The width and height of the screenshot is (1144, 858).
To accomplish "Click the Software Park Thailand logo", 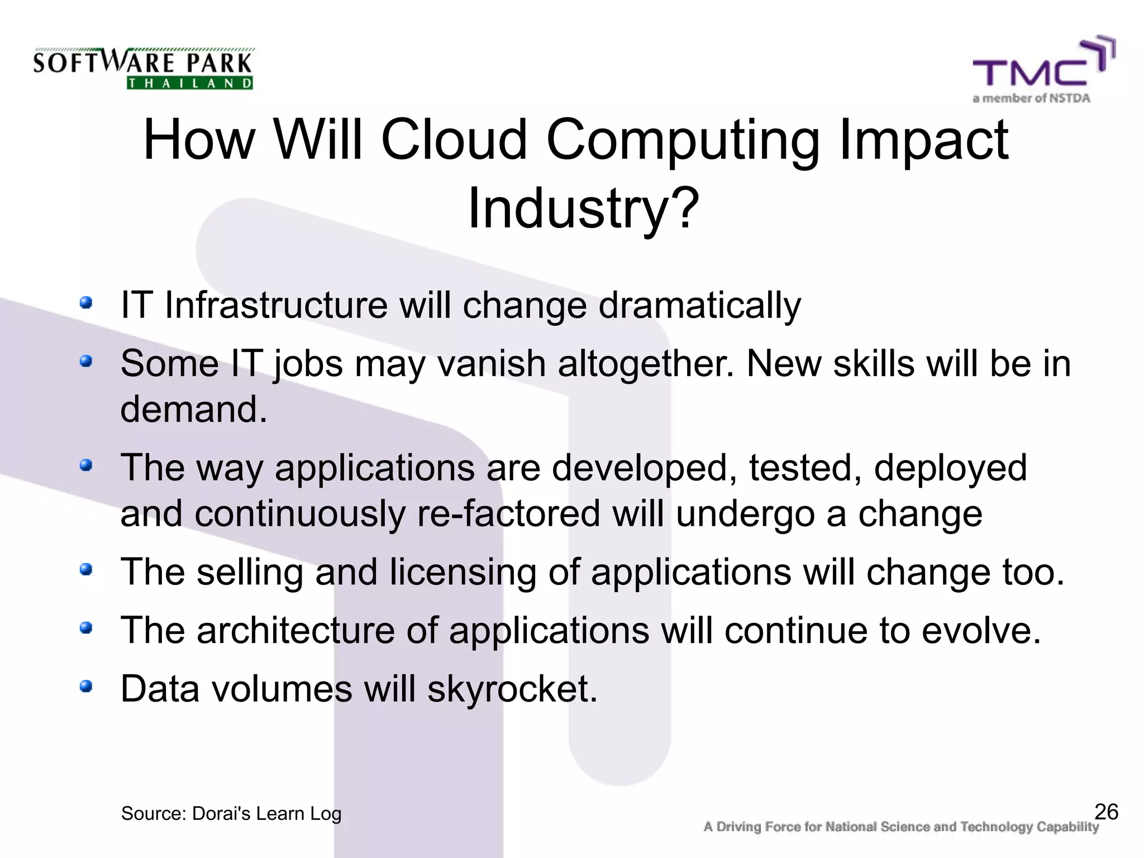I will (143, 68).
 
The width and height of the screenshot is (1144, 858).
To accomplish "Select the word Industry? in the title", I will (583, 208).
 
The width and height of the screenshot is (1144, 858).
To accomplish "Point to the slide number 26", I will (1106, 812).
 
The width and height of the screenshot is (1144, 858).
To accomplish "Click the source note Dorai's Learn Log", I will (231, 814).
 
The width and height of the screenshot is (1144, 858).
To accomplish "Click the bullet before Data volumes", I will (85, 686).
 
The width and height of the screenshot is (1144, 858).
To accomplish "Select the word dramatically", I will (699, 306).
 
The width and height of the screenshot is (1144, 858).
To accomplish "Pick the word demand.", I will (193, 409).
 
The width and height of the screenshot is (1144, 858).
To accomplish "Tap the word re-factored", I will (508, 514).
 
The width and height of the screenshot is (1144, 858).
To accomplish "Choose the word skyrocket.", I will (512, 689).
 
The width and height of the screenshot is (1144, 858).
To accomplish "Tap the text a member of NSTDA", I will (1031, 98).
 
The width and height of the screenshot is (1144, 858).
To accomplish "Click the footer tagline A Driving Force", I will (900, 827).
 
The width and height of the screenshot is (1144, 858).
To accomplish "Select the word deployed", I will (950, 468).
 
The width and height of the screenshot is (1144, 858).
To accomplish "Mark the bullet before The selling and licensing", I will (85, 570).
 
